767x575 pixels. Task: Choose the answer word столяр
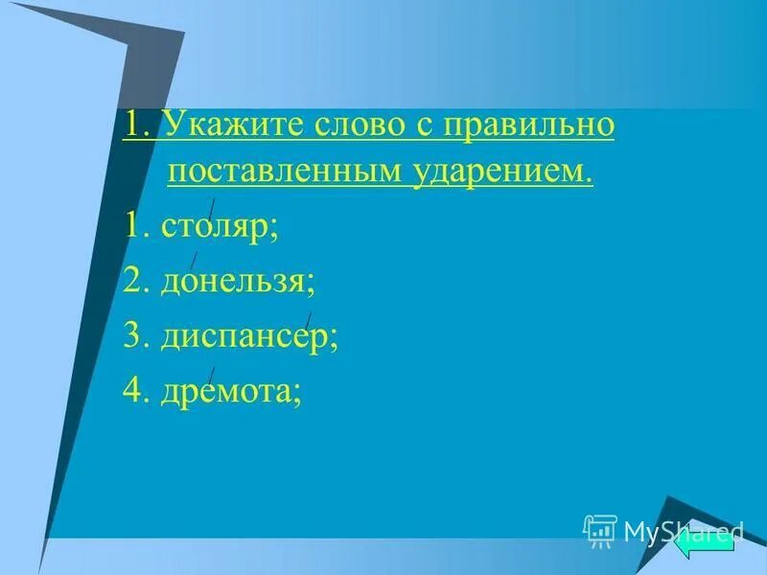click(x=220, y=227)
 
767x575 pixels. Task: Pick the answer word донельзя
click(x=239, y=282)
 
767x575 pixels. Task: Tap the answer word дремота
click(x=231, y=392)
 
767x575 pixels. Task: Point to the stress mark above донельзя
click(x=194, y=260)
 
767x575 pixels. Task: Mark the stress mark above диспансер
click(x=308, y=319)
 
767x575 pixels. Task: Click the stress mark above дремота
click(x=211, y=375)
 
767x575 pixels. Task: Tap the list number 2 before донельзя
click(x=134, y=282)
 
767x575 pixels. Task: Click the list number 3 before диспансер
click(x=134, y=337)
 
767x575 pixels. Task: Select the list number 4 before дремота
click(x=134, y=392)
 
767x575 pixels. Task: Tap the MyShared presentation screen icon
click(x=600, y=530)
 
